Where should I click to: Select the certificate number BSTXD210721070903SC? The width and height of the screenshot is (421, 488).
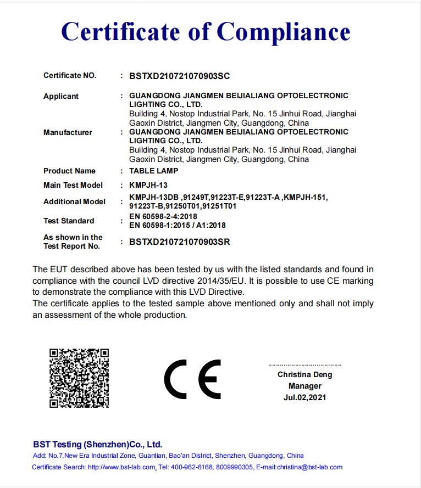(x=179, y=75)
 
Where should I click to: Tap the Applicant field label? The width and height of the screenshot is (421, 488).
(x=61, y=96)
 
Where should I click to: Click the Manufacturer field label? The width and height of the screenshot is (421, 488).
(x=68, y=132)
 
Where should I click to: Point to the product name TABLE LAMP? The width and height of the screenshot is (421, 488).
(x=153, y=171)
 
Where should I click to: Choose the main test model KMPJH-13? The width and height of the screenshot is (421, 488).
(x=148, y=185)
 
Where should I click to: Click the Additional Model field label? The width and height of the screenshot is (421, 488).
(x=74, y=201)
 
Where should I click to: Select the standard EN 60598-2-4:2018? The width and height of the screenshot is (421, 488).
(x=163, y=217)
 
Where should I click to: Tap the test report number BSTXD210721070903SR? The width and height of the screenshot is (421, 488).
(x=179, y=242)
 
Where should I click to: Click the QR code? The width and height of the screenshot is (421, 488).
(x=79, y=378)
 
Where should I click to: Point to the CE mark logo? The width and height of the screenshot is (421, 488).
(x=192, y=379)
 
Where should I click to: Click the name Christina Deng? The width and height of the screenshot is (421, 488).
(x=304, y=375)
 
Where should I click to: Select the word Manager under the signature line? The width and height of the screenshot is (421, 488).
(x=304, y=386)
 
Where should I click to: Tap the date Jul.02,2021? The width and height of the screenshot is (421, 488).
(x=304, y=397)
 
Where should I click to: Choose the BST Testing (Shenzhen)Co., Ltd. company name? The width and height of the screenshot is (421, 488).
(x=97, y=445)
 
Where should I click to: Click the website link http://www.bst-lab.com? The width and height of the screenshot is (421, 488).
(x=121, y=467)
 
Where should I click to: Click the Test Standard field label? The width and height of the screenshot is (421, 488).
(x=69, y=221)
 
